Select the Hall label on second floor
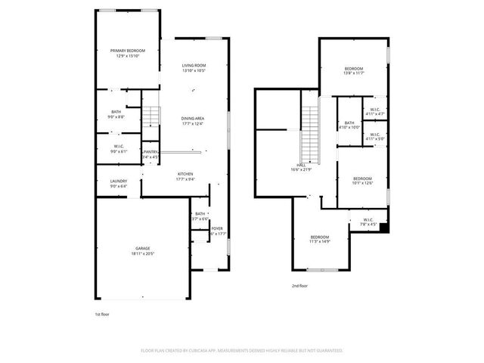click(301, 166)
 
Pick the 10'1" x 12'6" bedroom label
click(362, 180)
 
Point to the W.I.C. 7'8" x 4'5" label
click(368, 222)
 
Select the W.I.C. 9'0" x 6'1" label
click(119, 148)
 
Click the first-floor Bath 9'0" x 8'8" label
click(116, 114)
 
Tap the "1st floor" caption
click(102, 314)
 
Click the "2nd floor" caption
click(300, 286)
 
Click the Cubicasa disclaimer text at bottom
click(242, 350)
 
